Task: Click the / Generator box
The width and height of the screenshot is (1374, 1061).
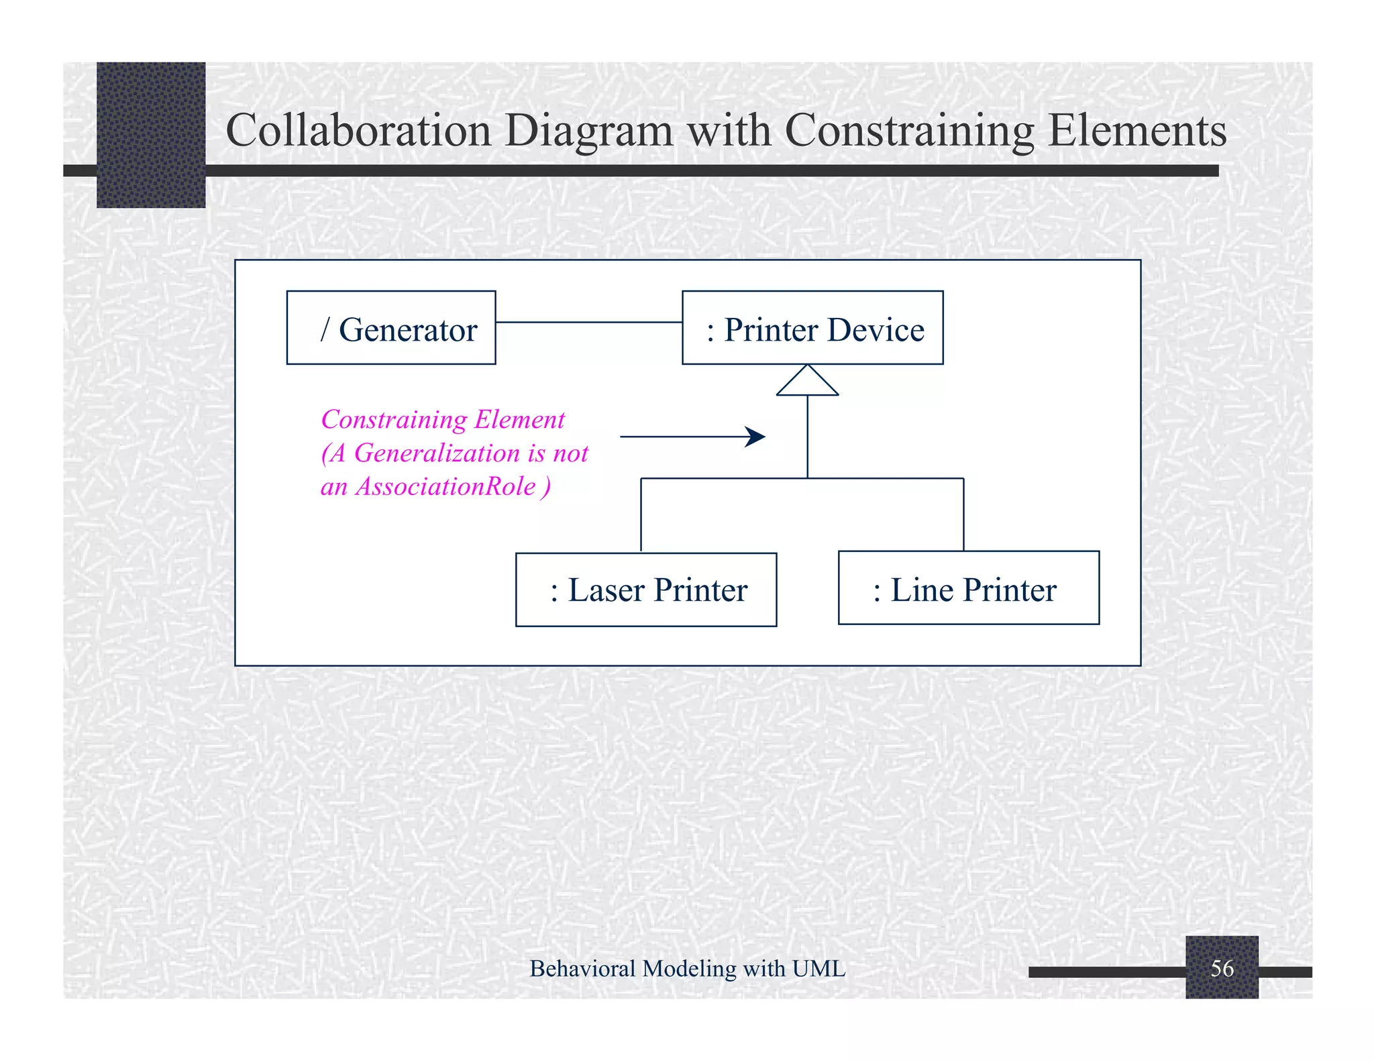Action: (x=390, y=328)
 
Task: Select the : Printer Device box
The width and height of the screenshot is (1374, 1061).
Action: (x=812, y=328)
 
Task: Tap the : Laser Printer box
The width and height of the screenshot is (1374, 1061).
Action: (x=645, y=590)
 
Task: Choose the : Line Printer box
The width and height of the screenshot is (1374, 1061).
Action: (x=968, y=588)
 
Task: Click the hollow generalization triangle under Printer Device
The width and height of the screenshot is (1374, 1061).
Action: (x=807, y=382)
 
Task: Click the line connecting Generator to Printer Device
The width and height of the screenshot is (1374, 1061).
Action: (x=588, y=323)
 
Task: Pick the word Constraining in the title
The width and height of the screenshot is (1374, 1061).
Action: (x=909, y=131)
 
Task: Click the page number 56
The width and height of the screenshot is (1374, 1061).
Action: (x=1222, y=968)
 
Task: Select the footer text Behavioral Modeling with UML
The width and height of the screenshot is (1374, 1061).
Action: (x=687, y=968)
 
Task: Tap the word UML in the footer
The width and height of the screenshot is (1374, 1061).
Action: (x=818, y=968)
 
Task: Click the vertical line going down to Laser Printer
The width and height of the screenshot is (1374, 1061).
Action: (x=641, y=515)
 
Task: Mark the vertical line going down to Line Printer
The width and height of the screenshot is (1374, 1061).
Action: (x=963, y=515)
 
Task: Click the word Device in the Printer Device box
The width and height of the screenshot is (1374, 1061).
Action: (x=876, y=330)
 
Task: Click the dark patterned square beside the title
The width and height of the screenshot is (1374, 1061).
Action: (x=151, y=135)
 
